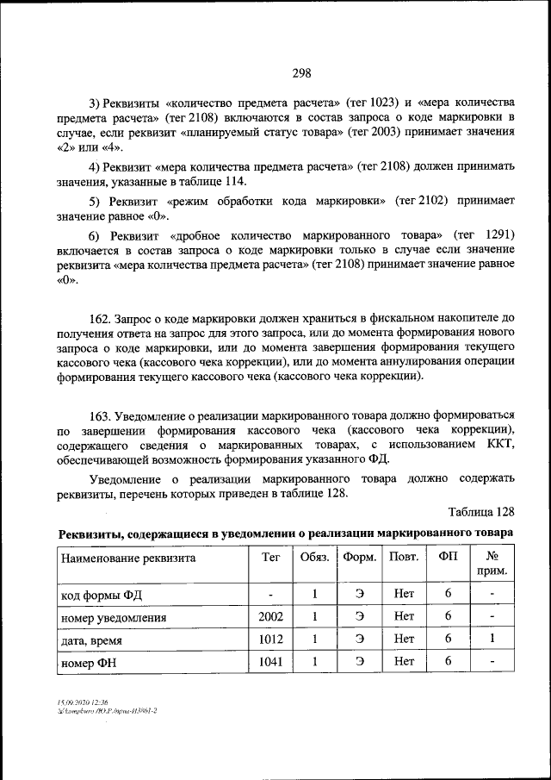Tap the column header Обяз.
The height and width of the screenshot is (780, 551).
[315, 558]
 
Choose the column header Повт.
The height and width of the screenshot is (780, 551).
[404, 558]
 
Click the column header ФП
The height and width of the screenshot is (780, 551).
[449, 558]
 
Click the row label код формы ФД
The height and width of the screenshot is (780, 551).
[100, 596]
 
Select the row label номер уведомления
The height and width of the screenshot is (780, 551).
[114, 618]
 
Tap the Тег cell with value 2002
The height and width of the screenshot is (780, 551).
[270, 617]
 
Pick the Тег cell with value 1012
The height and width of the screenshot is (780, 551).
[270, 640]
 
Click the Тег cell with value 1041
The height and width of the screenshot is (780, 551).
[270, 661]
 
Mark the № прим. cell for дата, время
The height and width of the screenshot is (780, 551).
[492, 640]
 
